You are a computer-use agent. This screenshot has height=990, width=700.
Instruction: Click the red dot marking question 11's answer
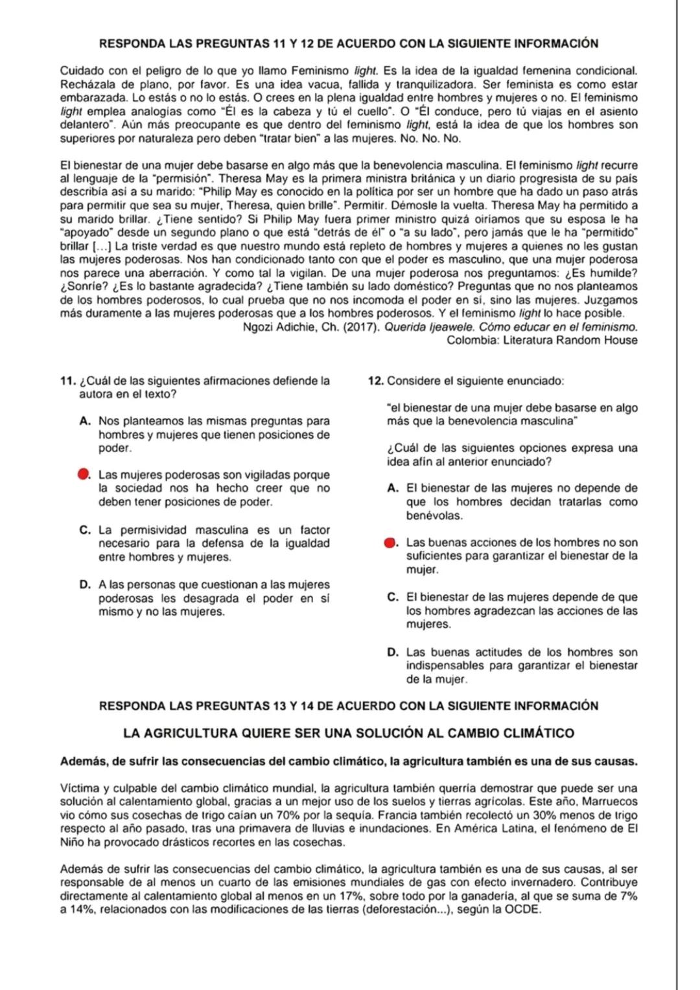(x=83, y=475)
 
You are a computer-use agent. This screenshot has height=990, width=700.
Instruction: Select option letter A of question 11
(x=84, y=421)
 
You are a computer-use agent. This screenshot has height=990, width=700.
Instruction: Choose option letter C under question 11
(x=84, y=530)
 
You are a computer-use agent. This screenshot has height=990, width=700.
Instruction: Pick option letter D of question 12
(x=392, y=652)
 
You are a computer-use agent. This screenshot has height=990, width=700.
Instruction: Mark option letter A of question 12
(x=392, y=489)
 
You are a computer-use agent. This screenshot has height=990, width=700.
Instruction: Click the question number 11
(x=65, y=381)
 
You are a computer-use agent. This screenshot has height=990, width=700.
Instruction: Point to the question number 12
(x=375, y=381)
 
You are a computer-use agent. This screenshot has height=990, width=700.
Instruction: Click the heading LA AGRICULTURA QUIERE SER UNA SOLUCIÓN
(x=349, y=733)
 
